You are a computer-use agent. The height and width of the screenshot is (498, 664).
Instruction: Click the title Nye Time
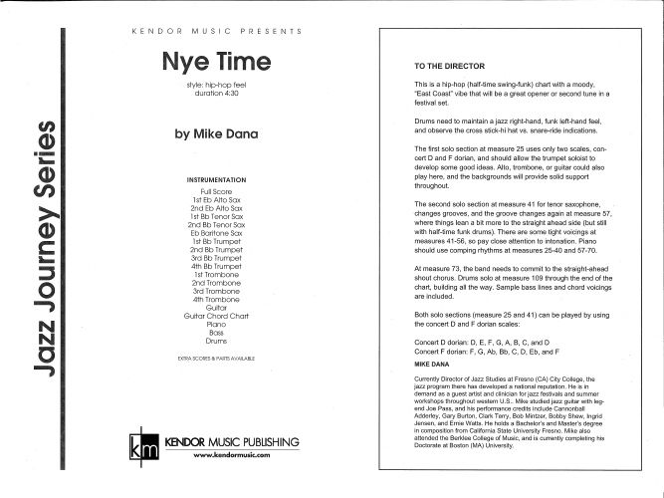pyautogui.click(x=216, y=62)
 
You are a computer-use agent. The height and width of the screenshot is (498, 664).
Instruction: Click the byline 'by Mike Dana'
pyautogui.click(x=216, y=131)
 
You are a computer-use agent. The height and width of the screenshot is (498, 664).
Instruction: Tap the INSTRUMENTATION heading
pyautogui.click(x=216, y=179)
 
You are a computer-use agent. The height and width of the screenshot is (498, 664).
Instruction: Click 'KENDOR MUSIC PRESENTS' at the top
pyautogui.click(x=216, y=31)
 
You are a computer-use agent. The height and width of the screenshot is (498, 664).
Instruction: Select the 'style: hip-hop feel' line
pyautogui.click(x=216, y=86)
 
